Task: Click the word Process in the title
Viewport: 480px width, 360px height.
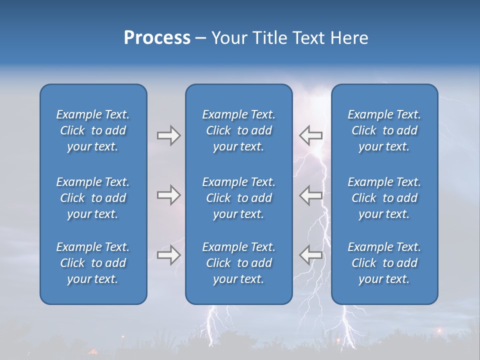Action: coord(157,38)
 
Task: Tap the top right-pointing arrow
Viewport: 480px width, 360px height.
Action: coord(168,135)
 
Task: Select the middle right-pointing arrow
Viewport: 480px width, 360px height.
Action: coord(168,195)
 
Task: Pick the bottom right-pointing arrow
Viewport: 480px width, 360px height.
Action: coord(168,255)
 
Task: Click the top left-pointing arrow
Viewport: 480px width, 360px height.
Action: coord(311,135)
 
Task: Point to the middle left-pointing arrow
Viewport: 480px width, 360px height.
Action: coord(311,195)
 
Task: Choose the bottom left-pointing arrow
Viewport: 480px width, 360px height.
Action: coord(311,254)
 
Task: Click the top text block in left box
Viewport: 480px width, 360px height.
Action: coord(93,130)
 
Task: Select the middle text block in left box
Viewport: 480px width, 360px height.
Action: coord(93,198)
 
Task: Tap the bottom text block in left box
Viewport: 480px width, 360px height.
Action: coord(93,263)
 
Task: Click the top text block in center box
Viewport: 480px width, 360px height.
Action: coord(239,130)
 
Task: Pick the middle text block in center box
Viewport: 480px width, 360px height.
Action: coord(239,198)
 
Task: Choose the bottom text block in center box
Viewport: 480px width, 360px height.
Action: coord(239,263)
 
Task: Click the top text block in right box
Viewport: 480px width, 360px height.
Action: coord(384,130)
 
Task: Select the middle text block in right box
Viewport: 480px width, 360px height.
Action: coord(384,198)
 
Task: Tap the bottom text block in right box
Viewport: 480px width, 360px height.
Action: coord(384,263)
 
